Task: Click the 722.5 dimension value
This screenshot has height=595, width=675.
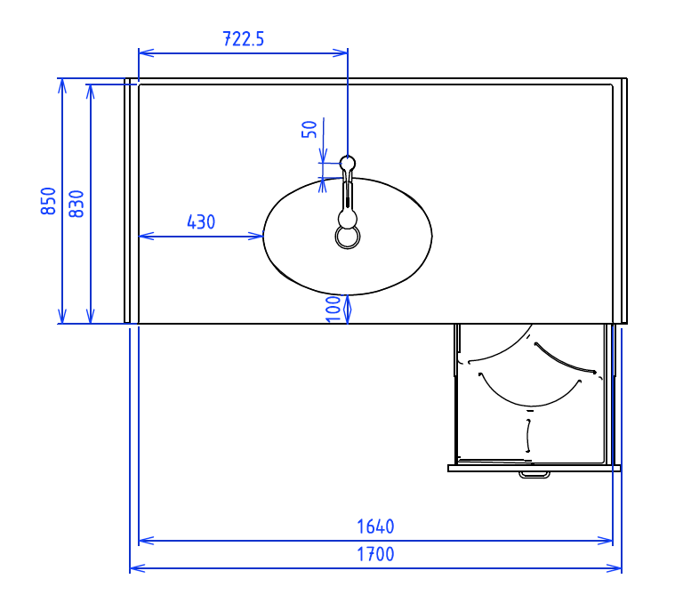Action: (x=243, y=39)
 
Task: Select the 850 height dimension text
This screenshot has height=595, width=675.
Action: (x=48, y=201)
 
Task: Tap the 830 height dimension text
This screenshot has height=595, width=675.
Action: (x=76, y=204)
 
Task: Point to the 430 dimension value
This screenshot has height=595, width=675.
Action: (x=201, y=222)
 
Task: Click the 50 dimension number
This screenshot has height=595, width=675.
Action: (x=309, y=129)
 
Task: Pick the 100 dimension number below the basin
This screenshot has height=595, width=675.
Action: (x=333, y=309)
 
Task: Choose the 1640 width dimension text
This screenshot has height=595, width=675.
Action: (x=375, y=527)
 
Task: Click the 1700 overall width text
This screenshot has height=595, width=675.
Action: (x=375, y=554)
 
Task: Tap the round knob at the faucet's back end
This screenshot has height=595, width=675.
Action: (x=348, y=163)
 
